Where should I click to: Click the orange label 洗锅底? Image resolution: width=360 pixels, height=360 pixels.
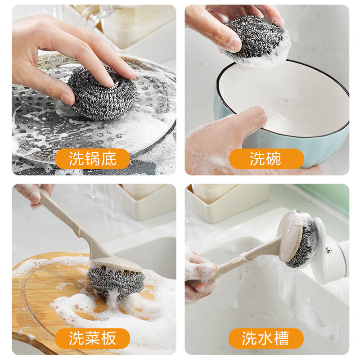93,159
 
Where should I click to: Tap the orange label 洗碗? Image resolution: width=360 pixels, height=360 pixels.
266,159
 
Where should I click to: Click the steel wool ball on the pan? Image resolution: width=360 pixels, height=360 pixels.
101,94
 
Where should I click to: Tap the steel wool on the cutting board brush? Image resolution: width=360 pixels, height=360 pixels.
116,281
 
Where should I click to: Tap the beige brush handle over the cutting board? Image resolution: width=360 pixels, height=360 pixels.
67,216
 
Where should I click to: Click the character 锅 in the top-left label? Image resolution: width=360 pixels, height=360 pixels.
93,159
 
